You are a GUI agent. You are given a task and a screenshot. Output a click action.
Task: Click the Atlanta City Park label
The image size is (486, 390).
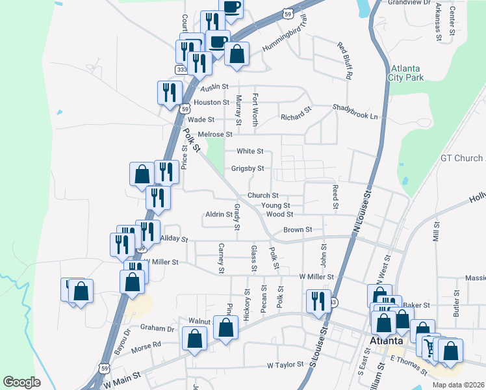407,73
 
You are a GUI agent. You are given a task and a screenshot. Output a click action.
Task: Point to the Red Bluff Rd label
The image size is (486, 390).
344,60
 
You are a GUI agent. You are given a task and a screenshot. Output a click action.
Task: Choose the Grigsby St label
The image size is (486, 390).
248,168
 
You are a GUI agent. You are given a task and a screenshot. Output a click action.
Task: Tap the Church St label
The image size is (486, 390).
262,196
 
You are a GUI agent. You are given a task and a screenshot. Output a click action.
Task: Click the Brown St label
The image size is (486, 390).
298,230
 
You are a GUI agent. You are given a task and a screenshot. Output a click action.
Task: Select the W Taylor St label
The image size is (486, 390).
285,366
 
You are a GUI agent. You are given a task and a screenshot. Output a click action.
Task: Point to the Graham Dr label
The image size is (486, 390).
162,329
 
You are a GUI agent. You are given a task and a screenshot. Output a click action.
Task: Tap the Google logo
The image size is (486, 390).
21,382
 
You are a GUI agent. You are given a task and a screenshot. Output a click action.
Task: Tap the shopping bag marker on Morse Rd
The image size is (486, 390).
194,339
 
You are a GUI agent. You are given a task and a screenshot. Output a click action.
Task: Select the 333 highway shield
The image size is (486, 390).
181,69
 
